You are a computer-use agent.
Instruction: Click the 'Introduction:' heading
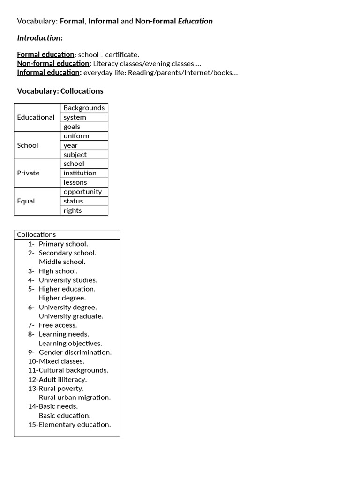[x=40, y=38]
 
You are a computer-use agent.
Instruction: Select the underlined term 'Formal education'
[x=45, y=55]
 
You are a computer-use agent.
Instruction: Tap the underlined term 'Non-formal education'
[x=53, y=64]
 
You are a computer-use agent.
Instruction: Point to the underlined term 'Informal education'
[x=49, y=73]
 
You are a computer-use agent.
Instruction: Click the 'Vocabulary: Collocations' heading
[x=60, y=91]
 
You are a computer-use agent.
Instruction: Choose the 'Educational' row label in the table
[x=36, y=117]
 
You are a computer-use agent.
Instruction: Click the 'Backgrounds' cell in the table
[x=84, y=108]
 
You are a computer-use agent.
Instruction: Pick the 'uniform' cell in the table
[x=76, y=136]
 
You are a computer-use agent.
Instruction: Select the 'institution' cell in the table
[x=80, y=173]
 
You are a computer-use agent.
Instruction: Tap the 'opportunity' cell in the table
[x=82, y=192]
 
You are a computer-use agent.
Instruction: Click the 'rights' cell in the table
[x=73, y=210]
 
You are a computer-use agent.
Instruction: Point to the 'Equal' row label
[x=26, y=201]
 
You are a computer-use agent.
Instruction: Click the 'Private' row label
[x=28, y=173]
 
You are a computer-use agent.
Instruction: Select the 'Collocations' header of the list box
[x=36, y=234]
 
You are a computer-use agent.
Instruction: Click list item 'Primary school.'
[x=63, y=244]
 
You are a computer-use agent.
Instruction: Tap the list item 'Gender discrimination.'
[x=75, y=352]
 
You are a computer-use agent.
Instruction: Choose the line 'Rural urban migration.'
[x=75, y=397]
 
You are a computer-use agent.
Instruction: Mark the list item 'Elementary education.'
[x=75, y=425]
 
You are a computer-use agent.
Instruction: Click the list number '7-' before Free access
[x=31, y=325]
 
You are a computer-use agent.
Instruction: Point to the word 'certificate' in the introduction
[x=121, y=55]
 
